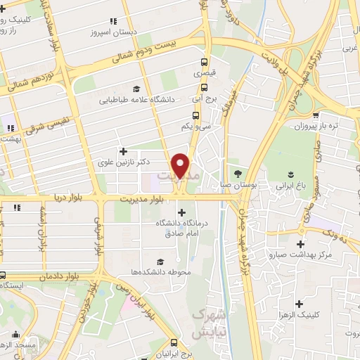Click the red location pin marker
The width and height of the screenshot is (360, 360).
click(x=181, y=166)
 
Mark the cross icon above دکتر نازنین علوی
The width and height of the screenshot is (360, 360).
click(x=124, y=150)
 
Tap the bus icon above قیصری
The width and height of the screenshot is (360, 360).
click(x=205, y=61)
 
